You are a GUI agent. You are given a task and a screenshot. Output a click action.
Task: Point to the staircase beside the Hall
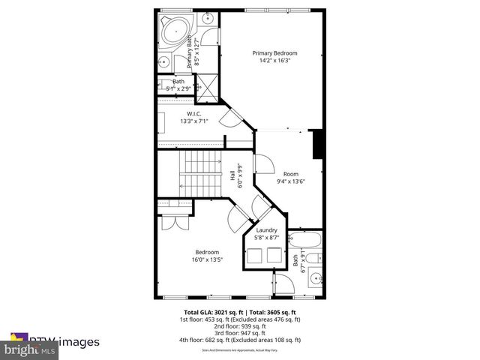[198, 174]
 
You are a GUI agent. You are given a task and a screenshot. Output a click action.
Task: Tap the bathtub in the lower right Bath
[307, 241]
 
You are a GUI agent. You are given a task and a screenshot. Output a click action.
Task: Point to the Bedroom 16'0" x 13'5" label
[208, 256]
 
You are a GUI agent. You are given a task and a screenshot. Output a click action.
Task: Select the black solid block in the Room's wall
[317, 144]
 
